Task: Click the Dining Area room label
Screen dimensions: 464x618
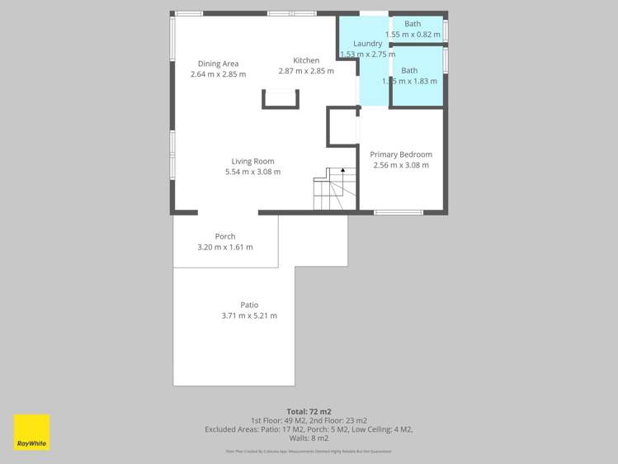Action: click(x=219, y=64)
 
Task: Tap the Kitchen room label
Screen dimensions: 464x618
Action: click(x=306, y=60)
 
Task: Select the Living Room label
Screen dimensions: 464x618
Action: click(x=252, y=161)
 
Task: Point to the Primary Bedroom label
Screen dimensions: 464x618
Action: click(x=401, y=154)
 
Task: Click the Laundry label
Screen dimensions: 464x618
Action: click(x=367, y=44)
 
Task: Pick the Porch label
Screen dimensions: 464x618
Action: click(x=225, y=236)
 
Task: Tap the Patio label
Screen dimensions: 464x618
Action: click(x=249, y=305)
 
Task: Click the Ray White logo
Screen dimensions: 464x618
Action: click(x=31, y=432)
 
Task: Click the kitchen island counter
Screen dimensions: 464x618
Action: click(x=281, y=99)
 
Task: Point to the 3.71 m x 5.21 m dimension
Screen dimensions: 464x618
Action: click(x=249, y=315)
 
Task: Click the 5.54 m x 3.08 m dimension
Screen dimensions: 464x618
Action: click(x=252, y=172)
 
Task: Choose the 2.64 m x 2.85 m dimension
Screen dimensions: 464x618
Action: click(x=219, y=74)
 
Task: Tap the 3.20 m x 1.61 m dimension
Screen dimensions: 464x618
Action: click(x=225, y=247)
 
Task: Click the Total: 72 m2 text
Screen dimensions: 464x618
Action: click(x=309, y=411)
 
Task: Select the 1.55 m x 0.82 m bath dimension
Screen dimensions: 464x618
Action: click(x=413, y=35)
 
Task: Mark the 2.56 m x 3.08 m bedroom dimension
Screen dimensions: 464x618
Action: click(x=401, y=165)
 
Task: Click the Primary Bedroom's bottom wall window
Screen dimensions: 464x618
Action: click(x=399, y=213)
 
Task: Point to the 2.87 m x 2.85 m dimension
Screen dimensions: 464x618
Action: click(x=306, y=71)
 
